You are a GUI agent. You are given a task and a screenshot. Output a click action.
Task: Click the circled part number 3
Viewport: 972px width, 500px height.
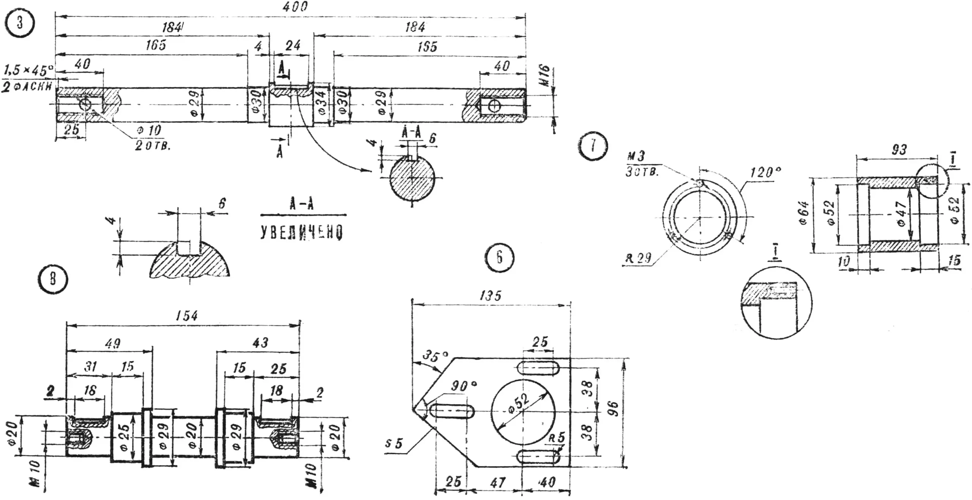pyautogui.click(x=20, y=23)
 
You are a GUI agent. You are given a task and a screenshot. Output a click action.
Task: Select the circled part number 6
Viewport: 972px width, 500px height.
pyautogui.click(x=499, y=258)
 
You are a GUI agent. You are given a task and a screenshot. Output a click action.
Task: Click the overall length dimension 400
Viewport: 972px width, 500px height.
pyautogui.click(x=295, y=6)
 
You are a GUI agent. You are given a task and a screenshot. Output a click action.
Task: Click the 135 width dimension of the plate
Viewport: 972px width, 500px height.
pyautogui.click(x=490, y=296)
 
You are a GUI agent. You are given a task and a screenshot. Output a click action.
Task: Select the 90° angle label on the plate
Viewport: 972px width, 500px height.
pyautogui.click(x=464, y=386)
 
